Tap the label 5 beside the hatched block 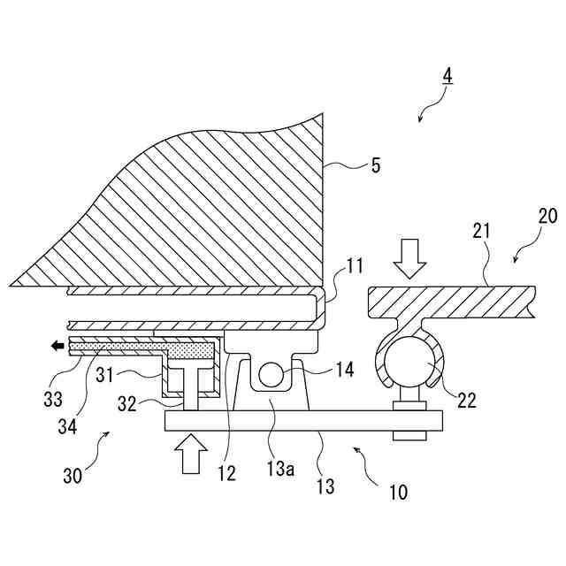click(376, 165)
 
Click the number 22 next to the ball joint click(467, 400)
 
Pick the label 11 click(354, 265)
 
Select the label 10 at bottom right click(398, 492)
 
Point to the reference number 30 click(73, 476)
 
